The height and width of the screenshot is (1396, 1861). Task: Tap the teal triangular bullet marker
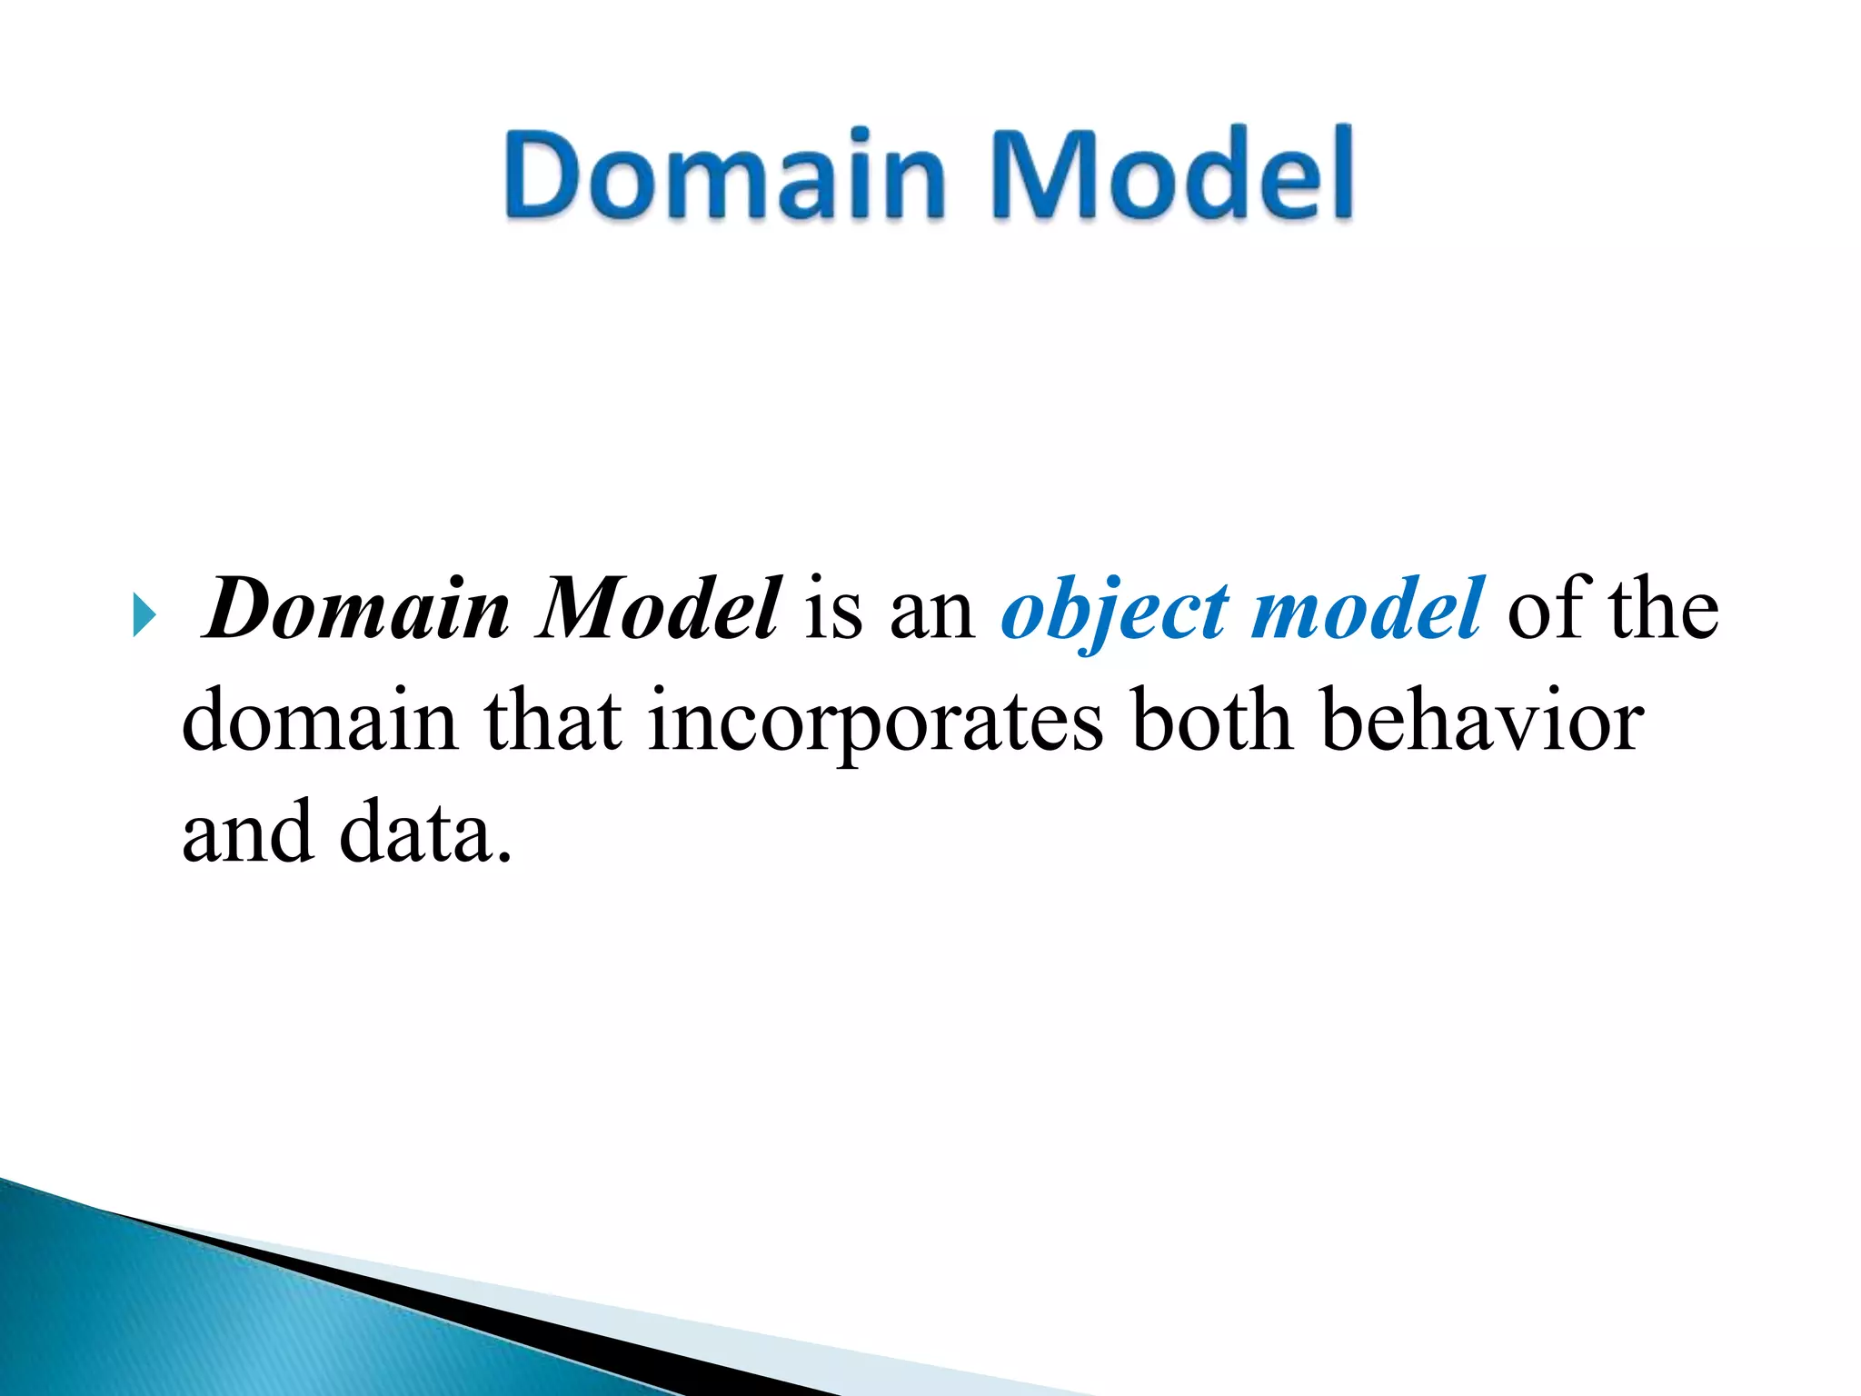[143, 614]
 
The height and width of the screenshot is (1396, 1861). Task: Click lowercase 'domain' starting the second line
[319, 720]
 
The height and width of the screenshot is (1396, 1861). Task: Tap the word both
[1212, 720]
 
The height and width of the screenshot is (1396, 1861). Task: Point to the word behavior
[1482, 720]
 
